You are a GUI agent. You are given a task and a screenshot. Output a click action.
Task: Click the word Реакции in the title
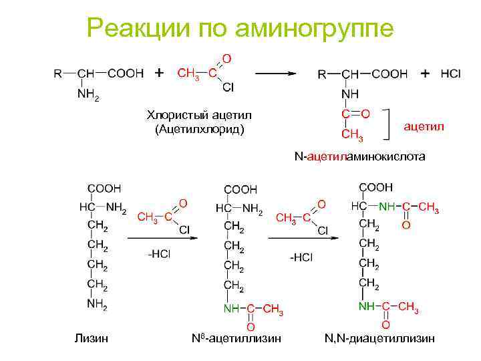pyautogui.click(x=139, y=28)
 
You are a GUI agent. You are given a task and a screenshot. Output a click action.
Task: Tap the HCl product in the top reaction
pyautogui.click(x=450, y=73)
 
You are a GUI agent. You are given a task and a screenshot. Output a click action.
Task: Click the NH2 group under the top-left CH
pyautogui.click(x=88, y=95)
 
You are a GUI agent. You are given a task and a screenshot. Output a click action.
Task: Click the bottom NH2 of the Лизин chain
pyautogui.click(x=97, y=306)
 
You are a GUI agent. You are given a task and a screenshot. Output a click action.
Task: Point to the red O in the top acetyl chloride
pyautogui.click(x=226, y=59)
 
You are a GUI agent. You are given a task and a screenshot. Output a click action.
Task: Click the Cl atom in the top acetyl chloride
pyautogui.click(x=227, y=87)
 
